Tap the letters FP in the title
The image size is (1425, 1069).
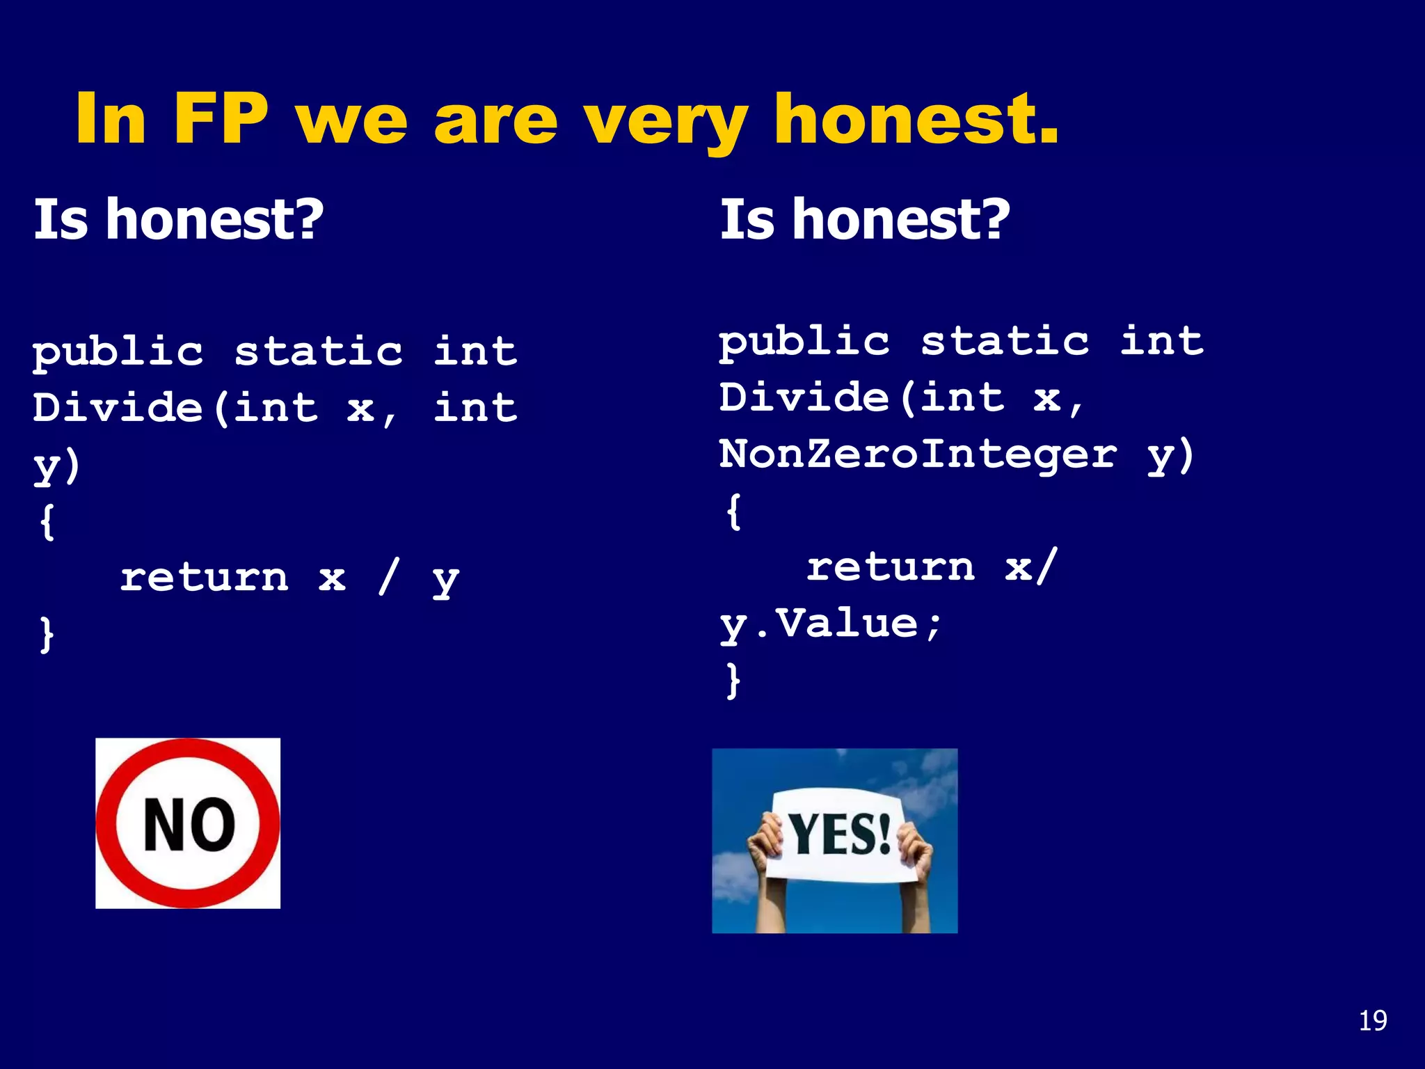220,120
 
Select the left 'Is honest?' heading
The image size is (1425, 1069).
179,219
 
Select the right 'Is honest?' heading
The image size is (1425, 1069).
865,219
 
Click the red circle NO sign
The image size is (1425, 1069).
188,823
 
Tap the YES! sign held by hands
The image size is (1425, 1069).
839,834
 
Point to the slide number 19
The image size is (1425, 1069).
1372,1021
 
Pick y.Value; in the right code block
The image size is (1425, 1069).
831,624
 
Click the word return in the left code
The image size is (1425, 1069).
204,578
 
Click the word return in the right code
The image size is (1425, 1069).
891,567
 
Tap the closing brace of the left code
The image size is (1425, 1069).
47,634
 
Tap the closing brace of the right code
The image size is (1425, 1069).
733,680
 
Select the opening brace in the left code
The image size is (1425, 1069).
47,521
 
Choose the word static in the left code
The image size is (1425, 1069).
318,351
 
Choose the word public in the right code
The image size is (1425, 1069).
804,342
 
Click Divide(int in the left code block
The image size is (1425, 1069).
175,407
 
